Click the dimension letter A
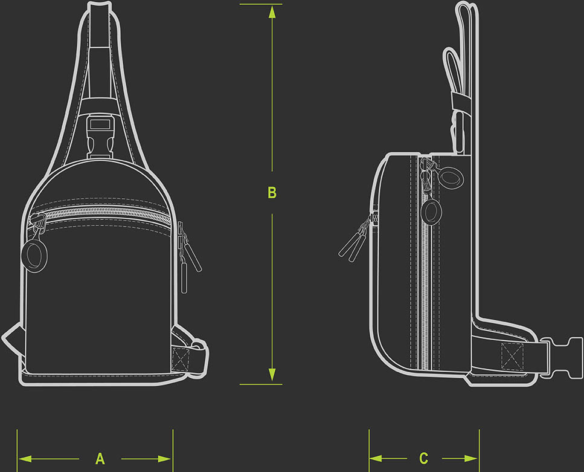click(x=100, y=459)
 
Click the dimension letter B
click(x=272, y=193)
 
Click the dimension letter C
click(x=424, y=458)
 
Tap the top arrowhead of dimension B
click(x=272, y=12)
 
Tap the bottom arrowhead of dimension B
click(x=272, y=374)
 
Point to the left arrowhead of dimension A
click(x=25, y=459)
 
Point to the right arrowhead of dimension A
click(x=164, y=459)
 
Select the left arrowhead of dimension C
click(x=376, y=458)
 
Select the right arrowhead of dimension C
click(x=471, y=458)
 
